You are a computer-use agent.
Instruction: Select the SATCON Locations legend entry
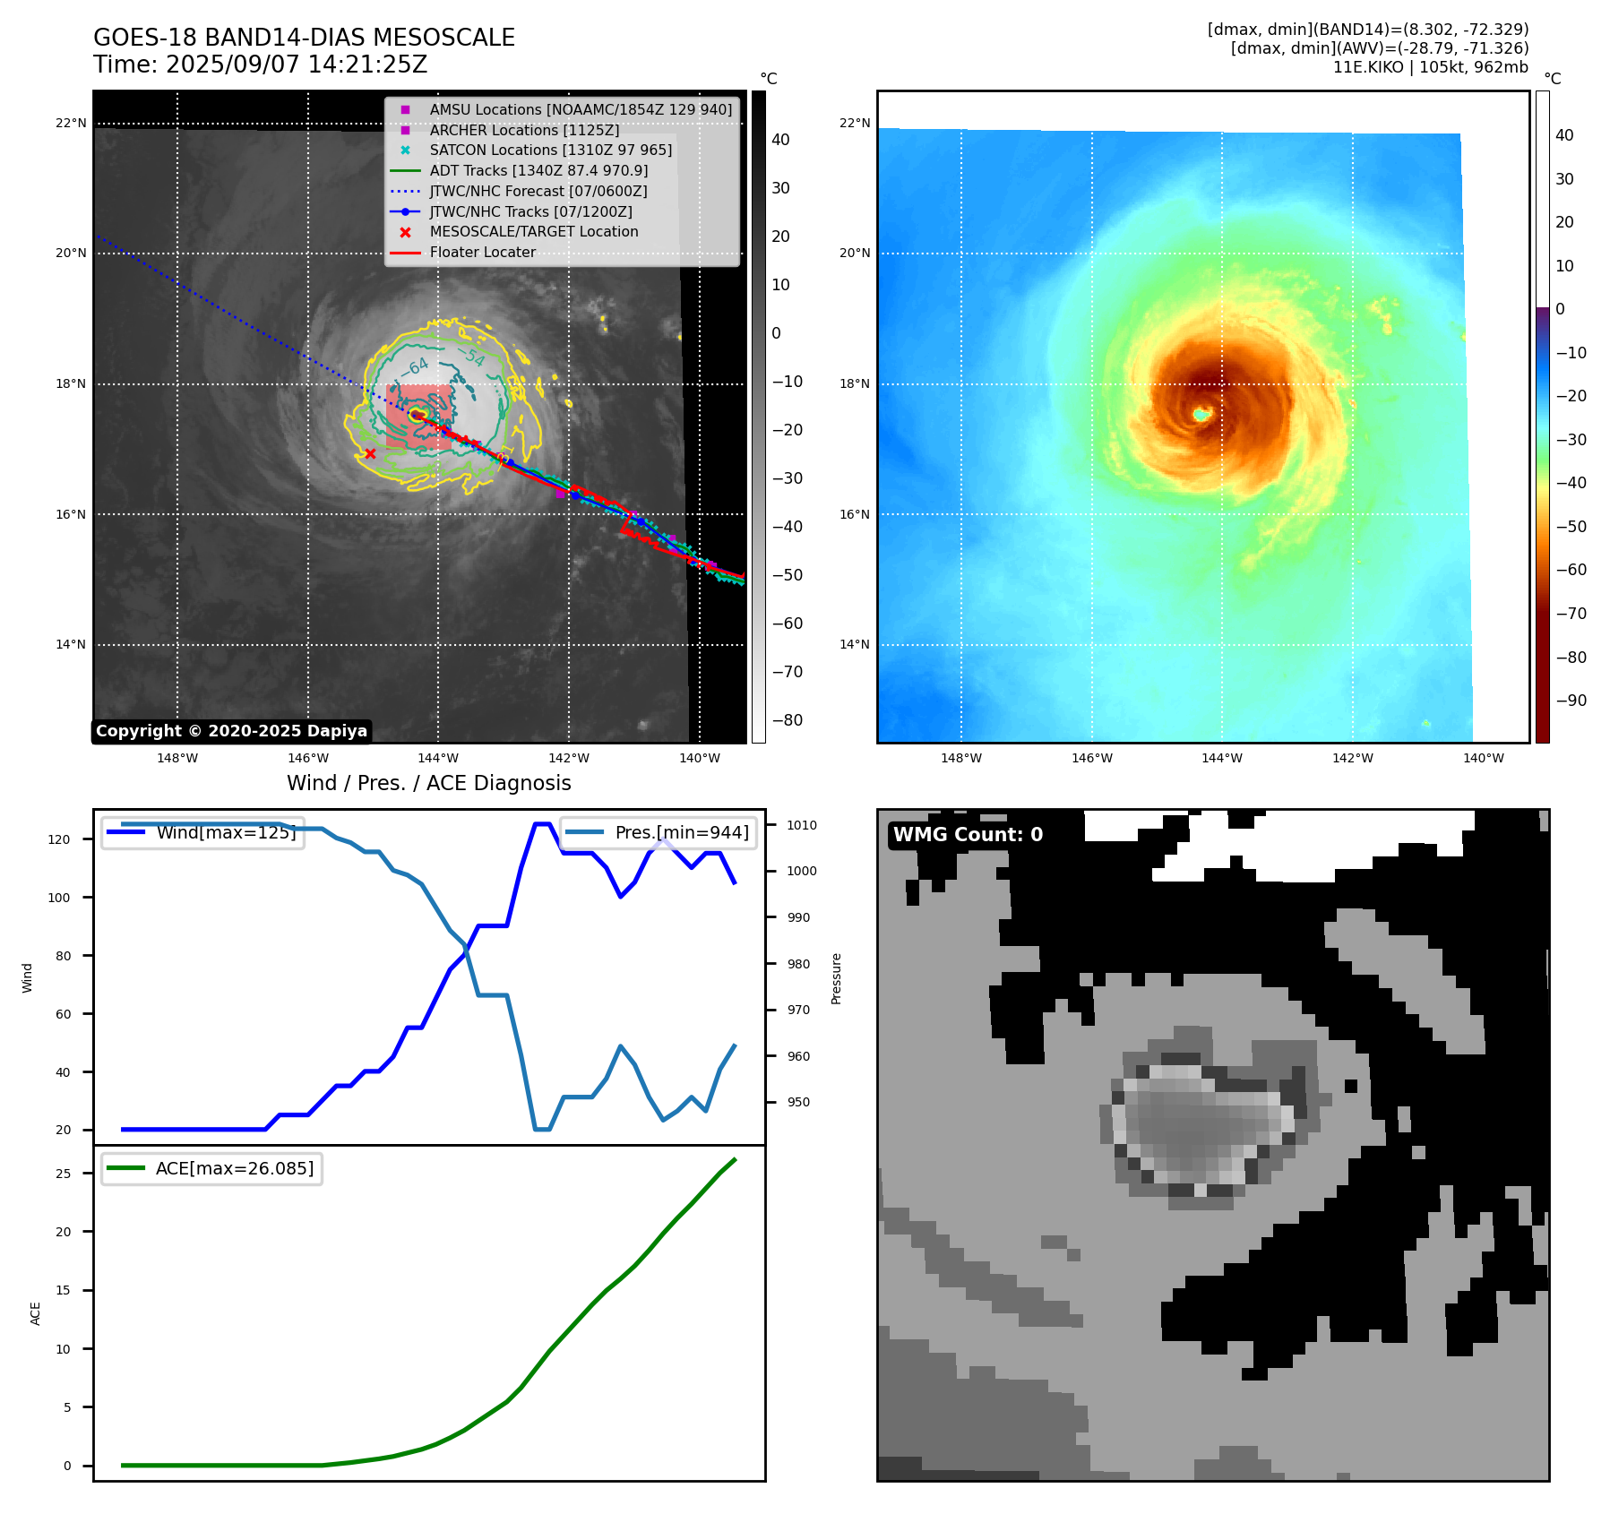(x=550, y=150)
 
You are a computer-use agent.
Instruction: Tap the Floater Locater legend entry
(x=482, y=252)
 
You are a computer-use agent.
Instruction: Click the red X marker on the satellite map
(x=370, y=453)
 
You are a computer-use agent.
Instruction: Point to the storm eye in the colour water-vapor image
(x=1201, y=414)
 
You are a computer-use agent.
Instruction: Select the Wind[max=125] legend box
(x=202, y=832)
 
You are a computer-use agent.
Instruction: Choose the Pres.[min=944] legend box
(x=658, y=832)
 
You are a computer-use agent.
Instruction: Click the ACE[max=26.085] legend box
(x=211, y=1168)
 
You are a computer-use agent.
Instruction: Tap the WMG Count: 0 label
(x=968, y=834)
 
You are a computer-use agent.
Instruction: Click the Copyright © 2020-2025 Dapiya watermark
(x=231, y=731)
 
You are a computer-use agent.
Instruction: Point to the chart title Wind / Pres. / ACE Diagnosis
(x=428, y=783)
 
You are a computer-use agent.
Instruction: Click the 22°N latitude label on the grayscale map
(x=71, y=123)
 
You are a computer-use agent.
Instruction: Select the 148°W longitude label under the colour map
(x=960, y=758)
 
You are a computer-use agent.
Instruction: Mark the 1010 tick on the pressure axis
(x=802, y=825)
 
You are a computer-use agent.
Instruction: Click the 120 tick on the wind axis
(x=58, y=839)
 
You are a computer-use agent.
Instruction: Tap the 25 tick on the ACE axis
(x=63, y=1174)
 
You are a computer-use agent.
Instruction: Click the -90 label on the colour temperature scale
(x=1571, y=701)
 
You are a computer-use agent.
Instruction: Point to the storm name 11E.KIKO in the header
(x=1368, y=67)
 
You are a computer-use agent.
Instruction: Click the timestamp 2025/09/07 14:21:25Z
(x=297, y=65)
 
